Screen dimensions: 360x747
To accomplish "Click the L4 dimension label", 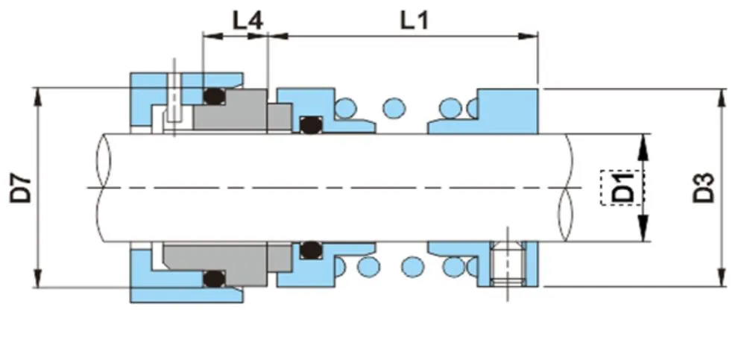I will pos(247,20).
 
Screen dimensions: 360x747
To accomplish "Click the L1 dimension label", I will pos(415,20).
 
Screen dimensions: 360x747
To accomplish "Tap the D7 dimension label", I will pos(23,187).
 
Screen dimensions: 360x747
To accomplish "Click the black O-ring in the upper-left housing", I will pos(215,95).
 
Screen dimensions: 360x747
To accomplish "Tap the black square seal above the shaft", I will pos(309,124).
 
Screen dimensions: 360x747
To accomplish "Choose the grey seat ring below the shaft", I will pos(224,256).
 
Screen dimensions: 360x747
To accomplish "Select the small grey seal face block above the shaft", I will pos(279,118).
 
